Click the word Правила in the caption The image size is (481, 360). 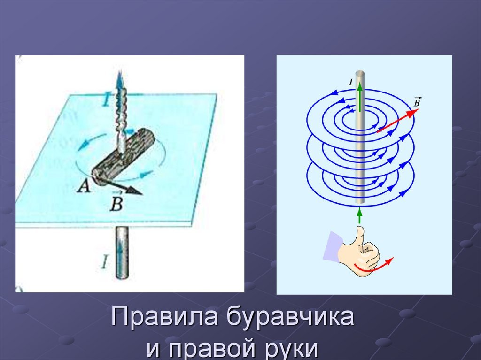[x=165, y=316]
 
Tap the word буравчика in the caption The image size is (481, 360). [x=290, y=316]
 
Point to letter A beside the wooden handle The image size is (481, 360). [x=83, y=185]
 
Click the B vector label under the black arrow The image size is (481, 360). [x=116, y=202]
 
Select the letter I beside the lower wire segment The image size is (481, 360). [x=105, y=262]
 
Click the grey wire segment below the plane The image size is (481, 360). [x=122, y=253]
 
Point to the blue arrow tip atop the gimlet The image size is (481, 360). [x=120, y=75]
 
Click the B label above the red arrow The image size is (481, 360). [x=417, y=102]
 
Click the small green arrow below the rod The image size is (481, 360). [x=359, y=215]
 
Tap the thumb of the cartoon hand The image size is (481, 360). [x=358, y=236]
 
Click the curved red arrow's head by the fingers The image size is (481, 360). [x=390, y=261]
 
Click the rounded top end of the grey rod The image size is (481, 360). [x=360, y=74]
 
